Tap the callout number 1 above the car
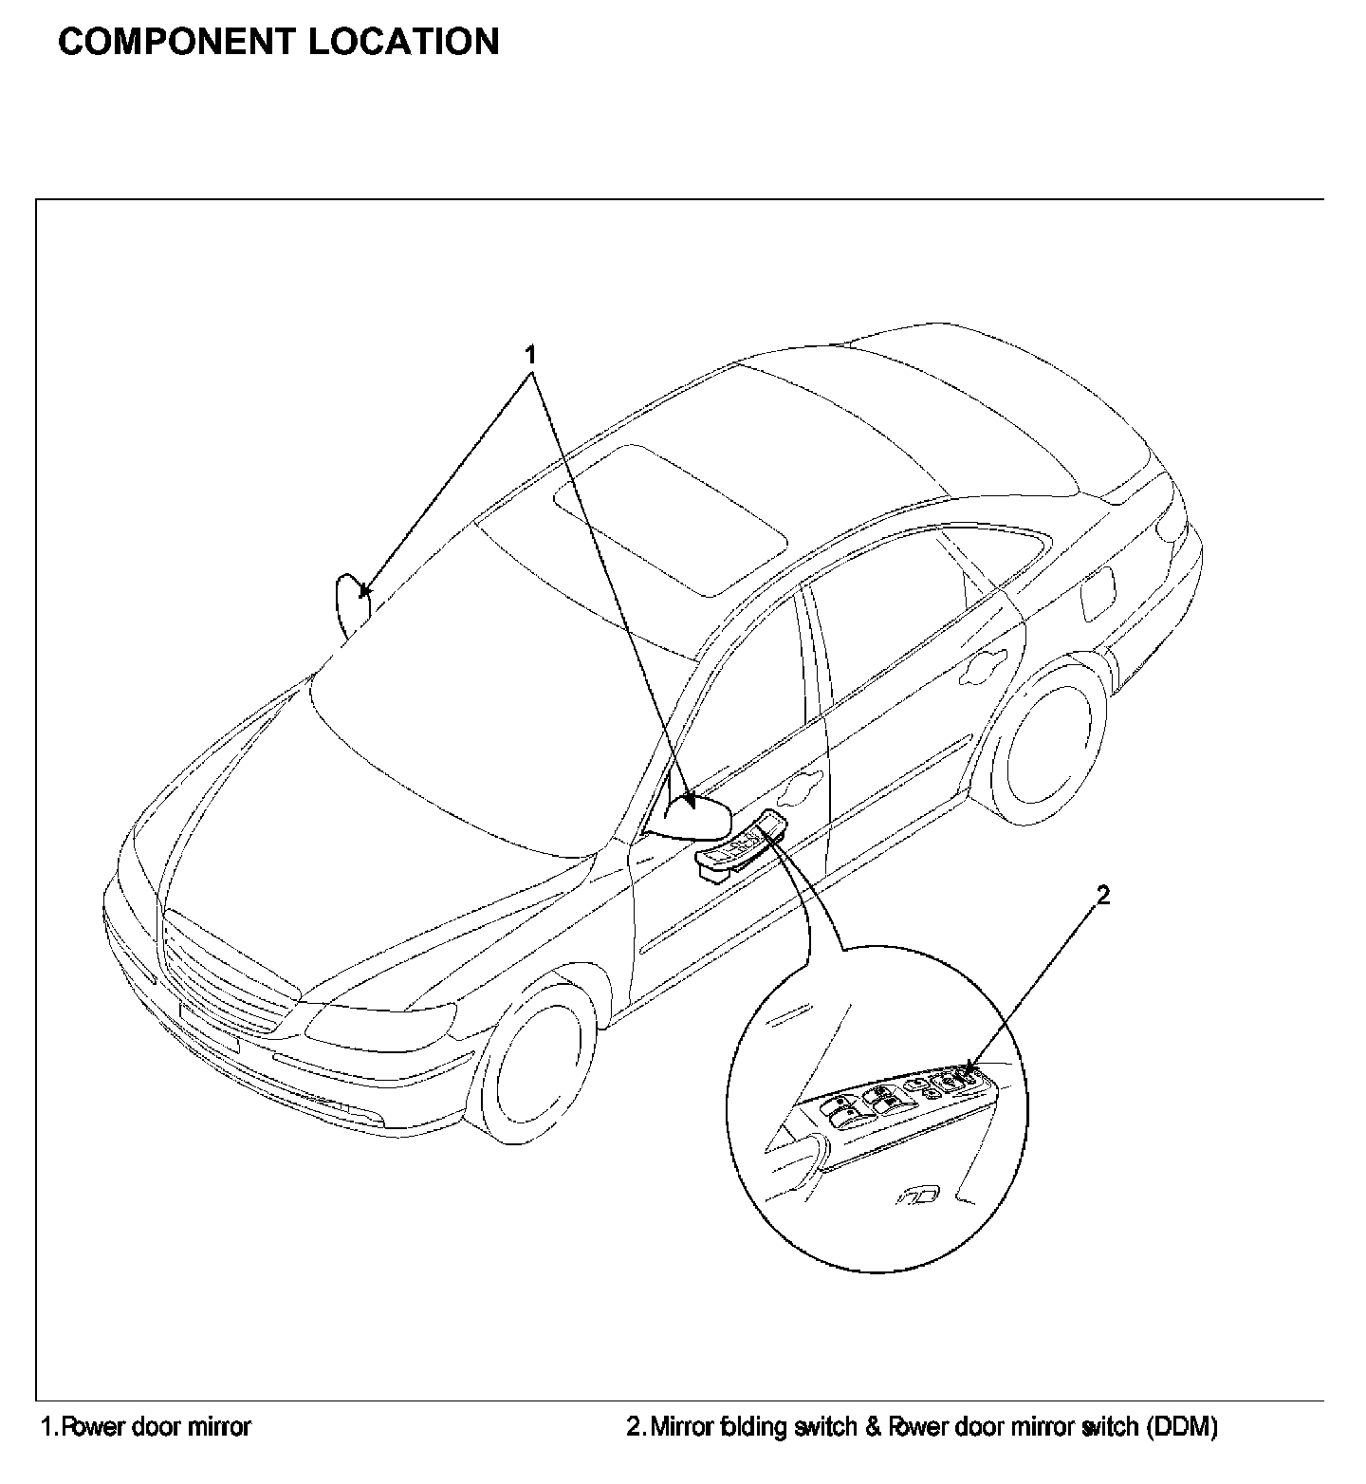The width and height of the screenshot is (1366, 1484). click(531, 355)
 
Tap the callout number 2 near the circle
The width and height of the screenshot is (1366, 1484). click(1103, 895)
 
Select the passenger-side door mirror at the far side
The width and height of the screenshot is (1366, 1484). click(352, 602)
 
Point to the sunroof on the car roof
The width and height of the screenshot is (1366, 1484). click(671, 517)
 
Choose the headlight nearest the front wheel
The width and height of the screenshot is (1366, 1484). click(379, 1025)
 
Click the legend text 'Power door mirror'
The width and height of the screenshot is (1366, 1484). click(156, 1426)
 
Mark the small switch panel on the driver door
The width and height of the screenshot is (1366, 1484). click(740, 844)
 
